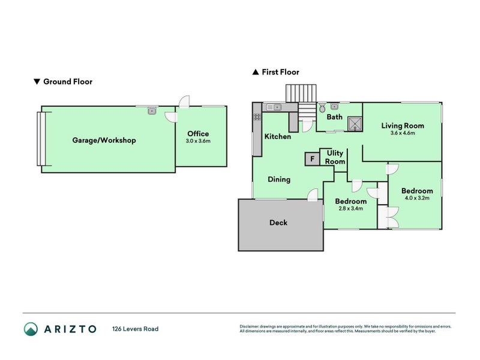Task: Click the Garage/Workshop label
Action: (104, 140)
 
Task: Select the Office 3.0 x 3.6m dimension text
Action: (198, 141)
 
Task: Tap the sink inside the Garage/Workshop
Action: (152, 110)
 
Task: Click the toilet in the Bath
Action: (323, 109)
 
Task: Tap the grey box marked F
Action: (312, 159)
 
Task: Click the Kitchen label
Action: (278, 137)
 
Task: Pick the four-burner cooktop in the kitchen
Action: (257, 117)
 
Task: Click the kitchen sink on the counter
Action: (274, 107)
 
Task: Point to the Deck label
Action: (278, 223)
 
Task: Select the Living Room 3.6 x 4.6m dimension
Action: (403, 133)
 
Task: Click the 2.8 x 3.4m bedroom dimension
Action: (350, 208)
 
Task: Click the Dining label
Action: (279, 179)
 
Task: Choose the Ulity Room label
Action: (335, 157)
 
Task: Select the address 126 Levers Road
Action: (136, 329)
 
